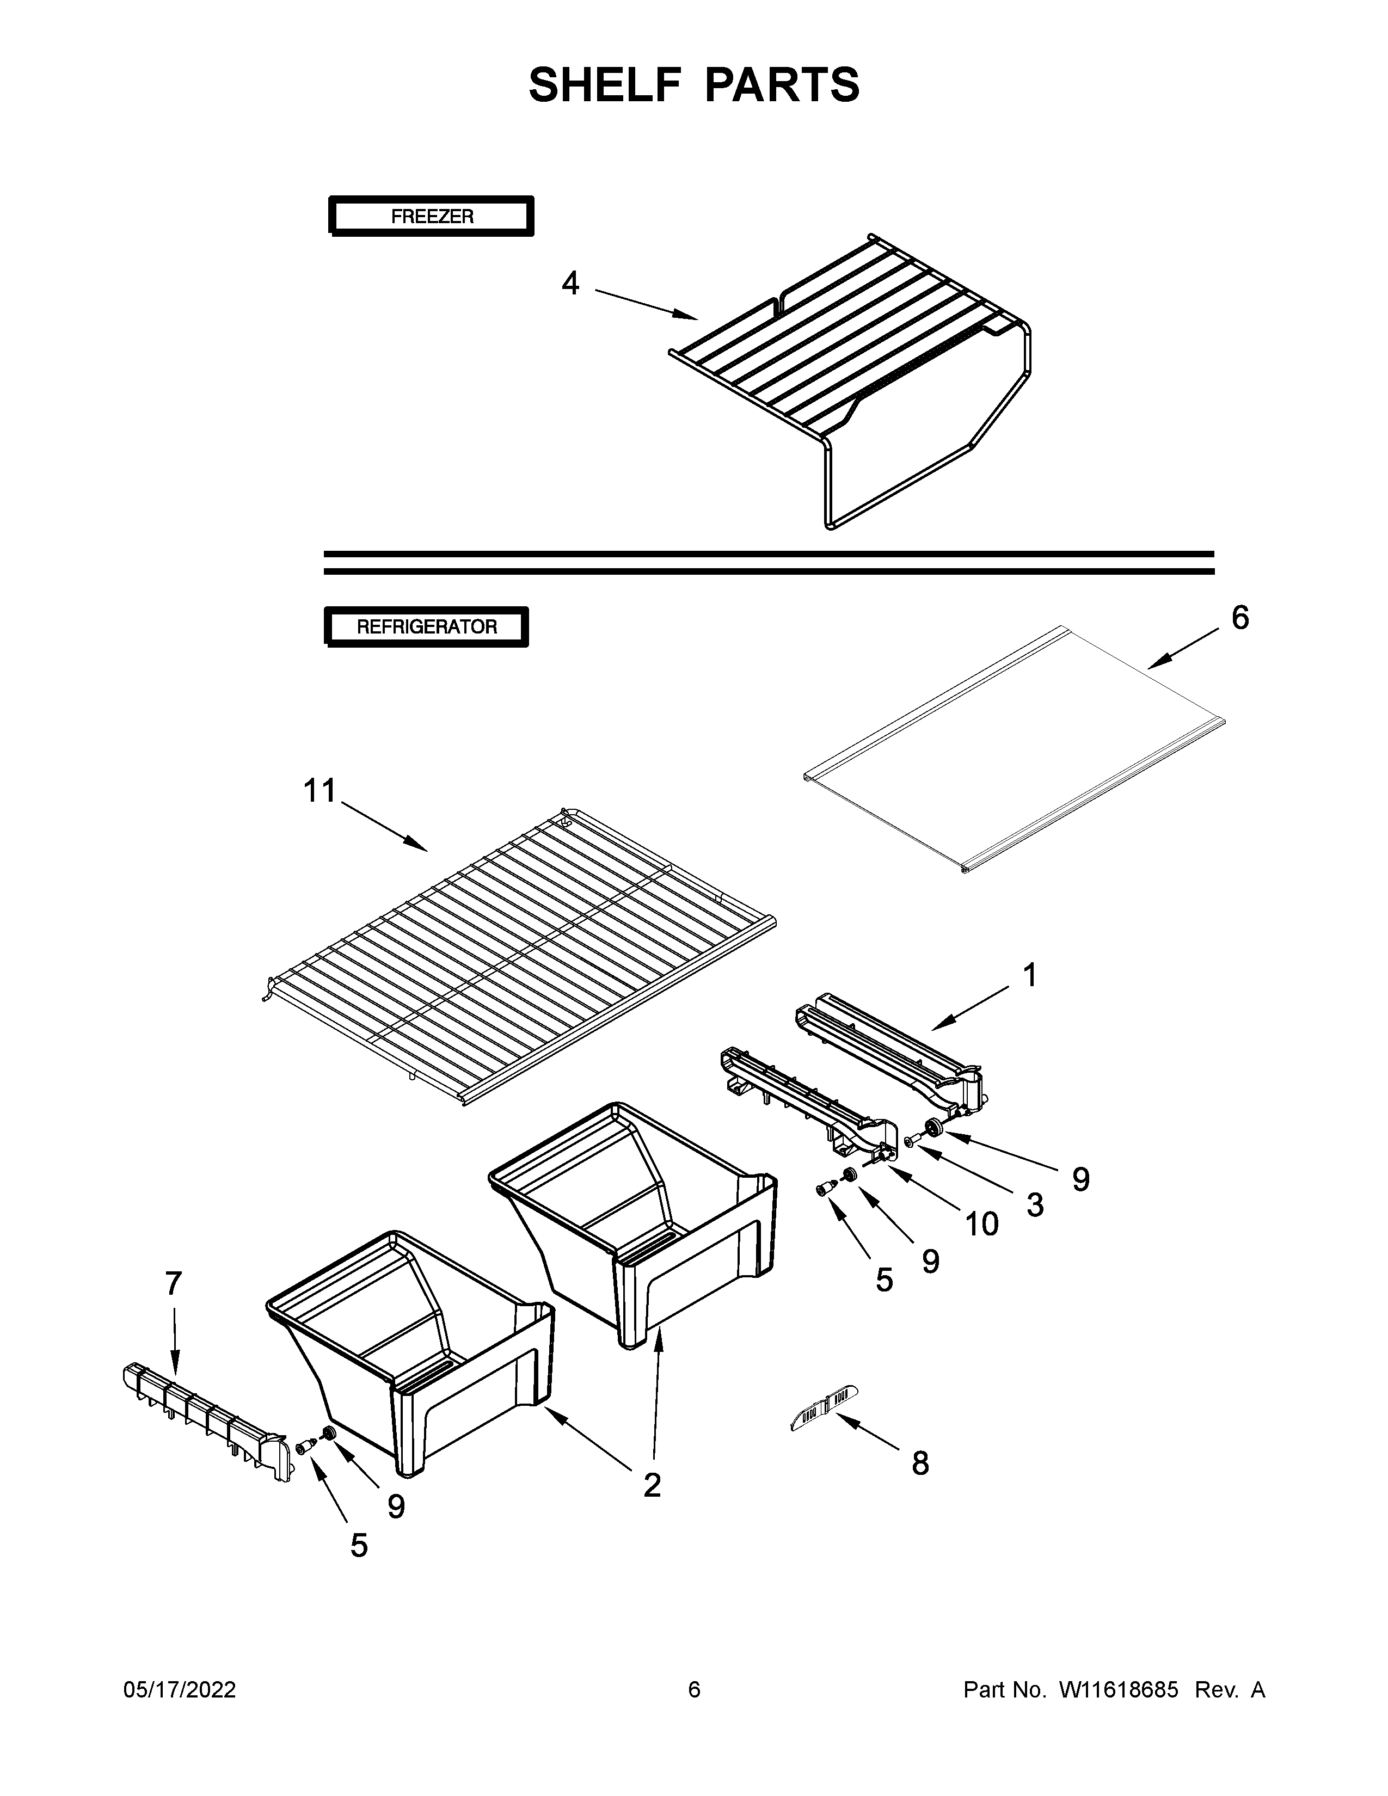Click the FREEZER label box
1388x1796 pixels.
[431, 216]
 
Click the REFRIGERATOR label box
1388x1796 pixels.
[426, 626]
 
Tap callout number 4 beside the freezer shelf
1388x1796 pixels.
[570, 284]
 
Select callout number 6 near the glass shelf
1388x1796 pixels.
[1240, 618]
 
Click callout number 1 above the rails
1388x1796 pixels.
[1029, 975]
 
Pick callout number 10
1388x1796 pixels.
[981, 1225]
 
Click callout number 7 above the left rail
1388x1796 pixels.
[174, 1283]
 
